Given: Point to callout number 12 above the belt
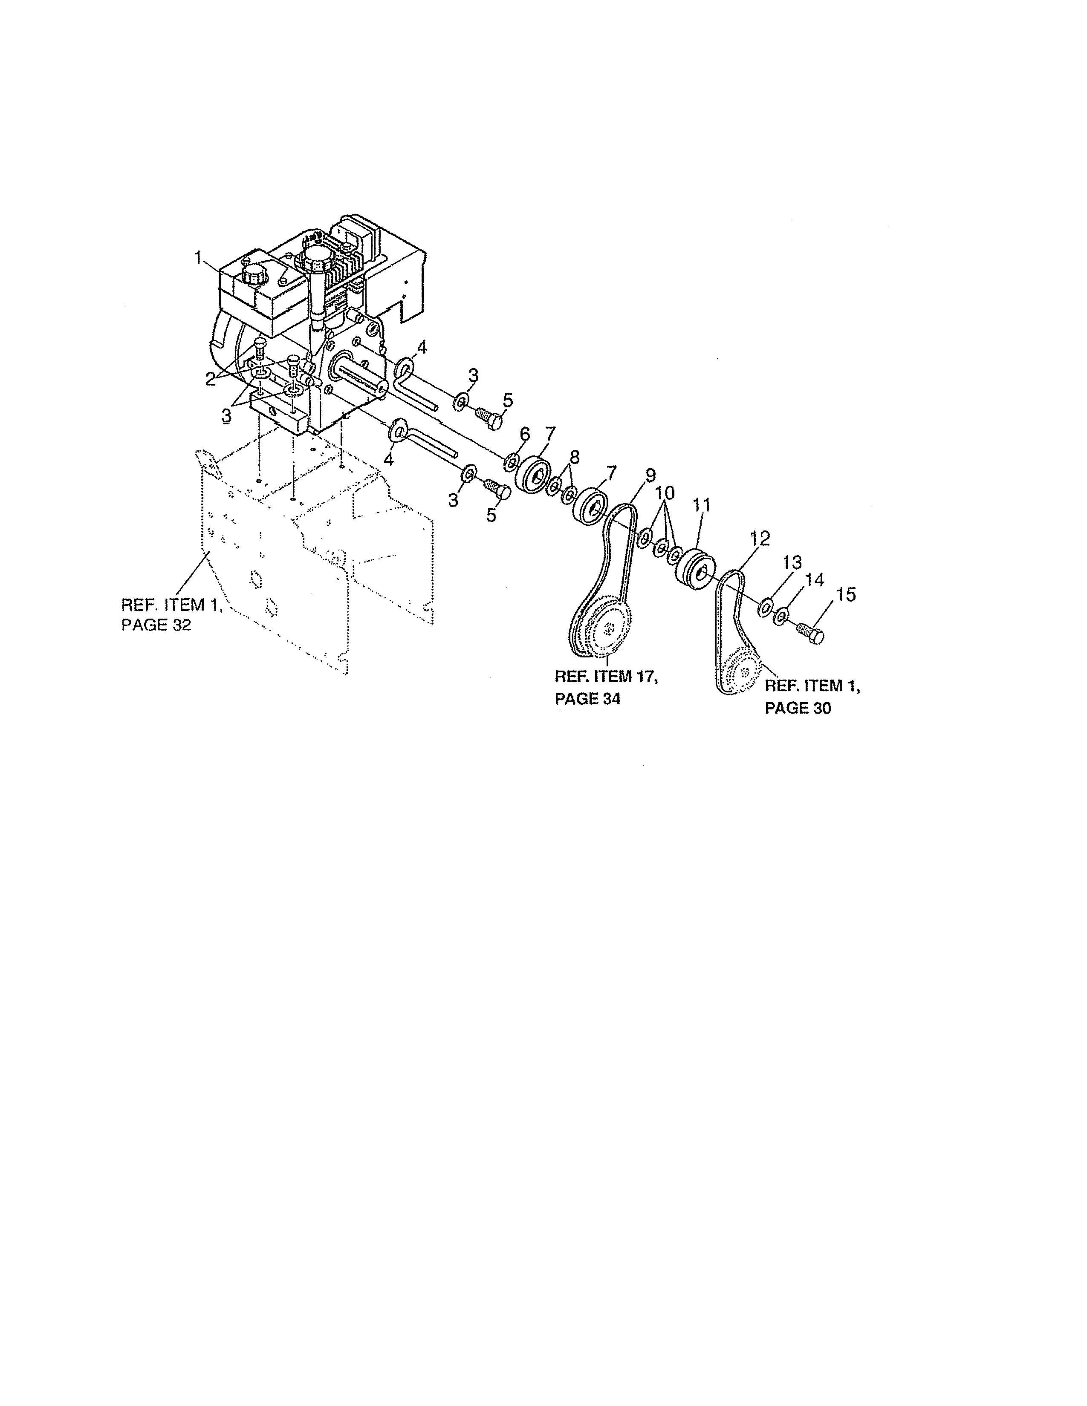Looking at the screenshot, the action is (760, 538).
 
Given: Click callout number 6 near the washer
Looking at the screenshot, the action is (524, 434).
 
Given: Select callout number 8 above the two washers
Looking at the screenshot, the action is (574, 457).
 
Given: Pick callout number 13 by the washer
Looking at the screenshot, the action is (792, 563).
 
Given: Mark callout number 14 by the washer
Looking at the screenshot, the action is (815, 580).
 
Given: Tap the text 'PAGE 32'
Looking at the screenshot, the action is (156, 625).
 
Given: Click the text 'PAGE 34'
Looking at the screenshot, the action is (587, 698).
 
